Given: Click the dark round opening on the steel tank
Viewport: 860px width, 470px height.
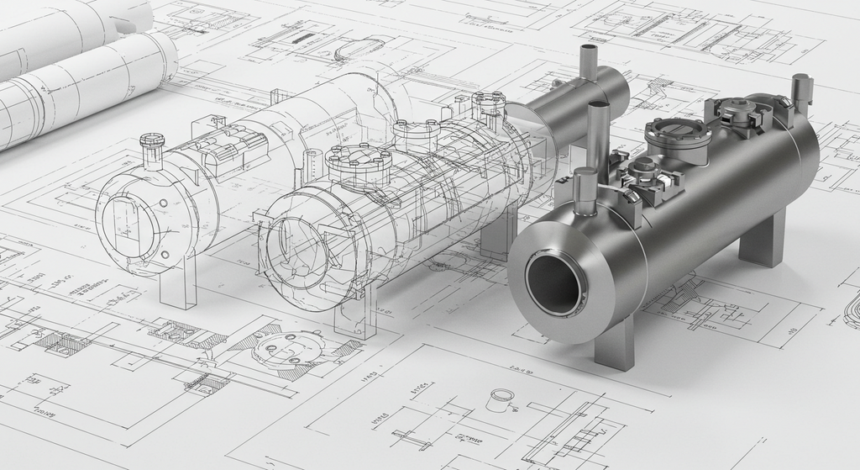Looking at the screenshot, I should [555, 285].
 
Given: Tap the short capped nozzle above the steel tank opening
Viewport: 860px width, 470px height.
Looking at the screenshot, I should [585, 190].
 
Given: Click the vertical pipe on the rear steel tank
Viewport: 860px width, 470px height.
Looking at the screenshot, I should [588, 62].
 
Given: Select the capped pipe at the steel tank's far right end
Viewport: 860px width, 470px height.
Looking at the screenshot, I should [801, 93].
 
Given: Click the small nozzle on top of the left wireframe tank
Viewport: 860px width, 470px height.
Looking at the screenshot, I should [152, 151].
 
